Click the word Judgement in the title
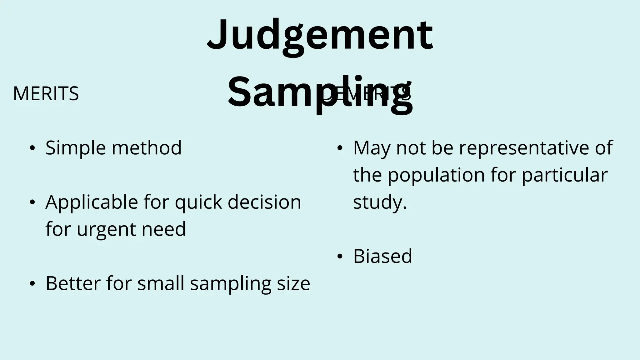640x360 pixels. tap(320, 35)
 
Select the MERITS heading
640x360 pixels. tap(46, 94)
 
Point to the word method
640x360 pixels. tap(147, 147)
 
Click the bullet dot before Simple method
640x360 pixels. tap(32, 148)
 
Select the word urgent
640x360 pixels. tap(106, 229)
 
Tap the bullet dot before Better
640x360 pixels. tap(32, 284)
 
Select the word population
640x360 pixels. tap(436, 175)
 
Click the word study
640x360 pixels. tap(378, 202)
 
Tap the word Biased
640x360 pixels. tap(382, 256)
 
